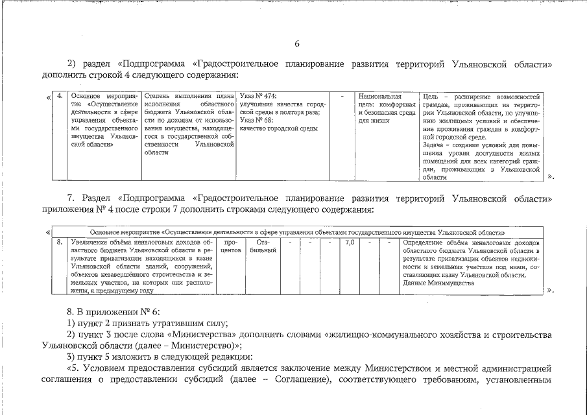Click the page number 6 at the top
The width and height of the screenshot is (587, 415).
[297, 44]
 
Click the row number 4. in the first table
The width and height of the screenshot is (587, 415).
[60, 96]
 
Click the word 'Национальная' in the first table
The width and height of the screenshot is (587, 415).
[380, 96]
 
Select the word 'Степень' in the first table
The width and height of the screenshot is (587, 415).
[157, 96]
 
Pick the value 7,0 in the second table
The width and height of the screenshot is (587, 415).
[350, 243]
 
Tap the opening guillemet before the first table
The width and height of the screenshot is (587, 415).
[49, 97]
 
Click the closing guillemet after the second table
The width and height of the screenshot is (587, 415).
[551, 290]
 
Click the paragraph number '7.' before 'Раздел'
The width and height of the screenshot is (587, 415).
[72, 197]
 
